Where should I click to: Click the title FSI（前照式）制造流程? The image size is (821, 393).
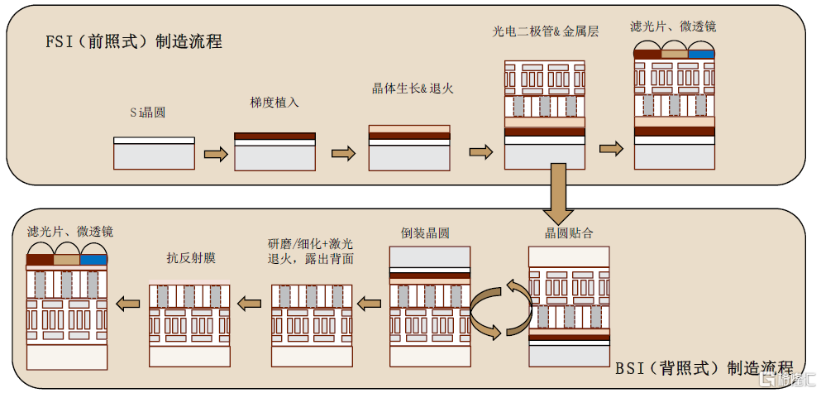(x=134, y=41)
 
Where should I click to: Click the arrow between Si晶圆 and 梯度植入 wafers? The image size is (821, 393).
(x=215, y=154)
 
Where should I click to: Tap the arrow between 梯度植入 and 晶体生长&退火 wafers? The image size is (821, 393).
(x=342, y=154)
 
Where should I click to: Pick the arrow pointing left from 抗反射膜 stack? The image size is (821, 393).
(x=127, y=305)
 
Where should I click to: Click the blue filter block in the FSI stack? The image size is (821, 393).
(x=701, y=55)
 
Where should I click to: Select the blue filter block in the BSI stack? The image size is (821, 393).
(x=94, y=260)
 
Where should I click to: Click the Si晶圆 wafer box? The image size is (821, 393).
(x=154, y=153)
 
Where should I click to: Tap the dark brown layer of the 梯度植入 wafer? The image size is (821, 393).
(x=275, y=136)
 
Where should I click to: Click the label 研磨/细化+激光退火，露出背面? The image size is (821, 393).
(x=310, y=251)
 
